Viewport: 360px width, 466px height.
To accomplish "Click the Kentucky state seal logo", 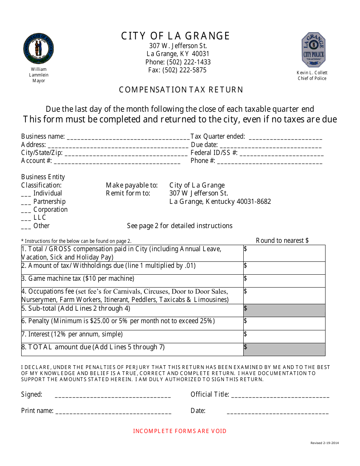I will [38, 49].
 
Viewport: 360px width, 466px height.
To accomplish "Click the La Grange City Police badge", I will [313, 50].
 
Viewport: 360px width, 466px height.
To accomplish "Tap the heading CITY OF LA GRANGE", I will [175, 36].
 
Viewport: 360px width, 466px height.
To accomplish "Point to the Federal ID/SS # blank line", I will [282, 153].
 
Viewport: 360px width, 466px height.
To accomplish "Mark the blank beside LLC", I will [26, 218].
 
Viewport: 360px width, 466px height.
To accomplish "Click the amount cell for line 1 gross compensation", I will [284, 253].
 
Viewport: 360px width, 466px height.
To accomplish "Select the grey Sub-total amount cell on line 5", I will [284, 310].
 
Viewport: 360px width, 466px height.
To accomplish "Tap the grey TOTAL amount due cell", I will [284, 349].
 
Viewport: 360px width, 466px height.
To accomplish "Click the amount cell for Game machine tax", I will [284, 281].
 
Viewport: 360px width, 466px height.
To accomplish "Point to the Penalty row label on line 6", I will [118, 321].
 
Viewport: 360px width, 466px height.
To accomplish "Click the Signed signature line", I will [113, 396].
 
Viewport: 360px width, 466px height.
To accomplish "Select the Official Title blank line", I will [280, 396].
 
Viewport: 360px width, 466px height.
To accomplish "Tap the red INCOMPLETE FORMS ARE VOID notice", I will [180, 431].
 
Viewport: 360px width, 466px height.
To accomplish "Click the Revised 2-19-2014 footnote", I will [324, 443].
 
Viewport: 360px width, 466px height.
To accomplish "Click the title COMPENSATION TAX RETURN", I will [181, 90].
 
